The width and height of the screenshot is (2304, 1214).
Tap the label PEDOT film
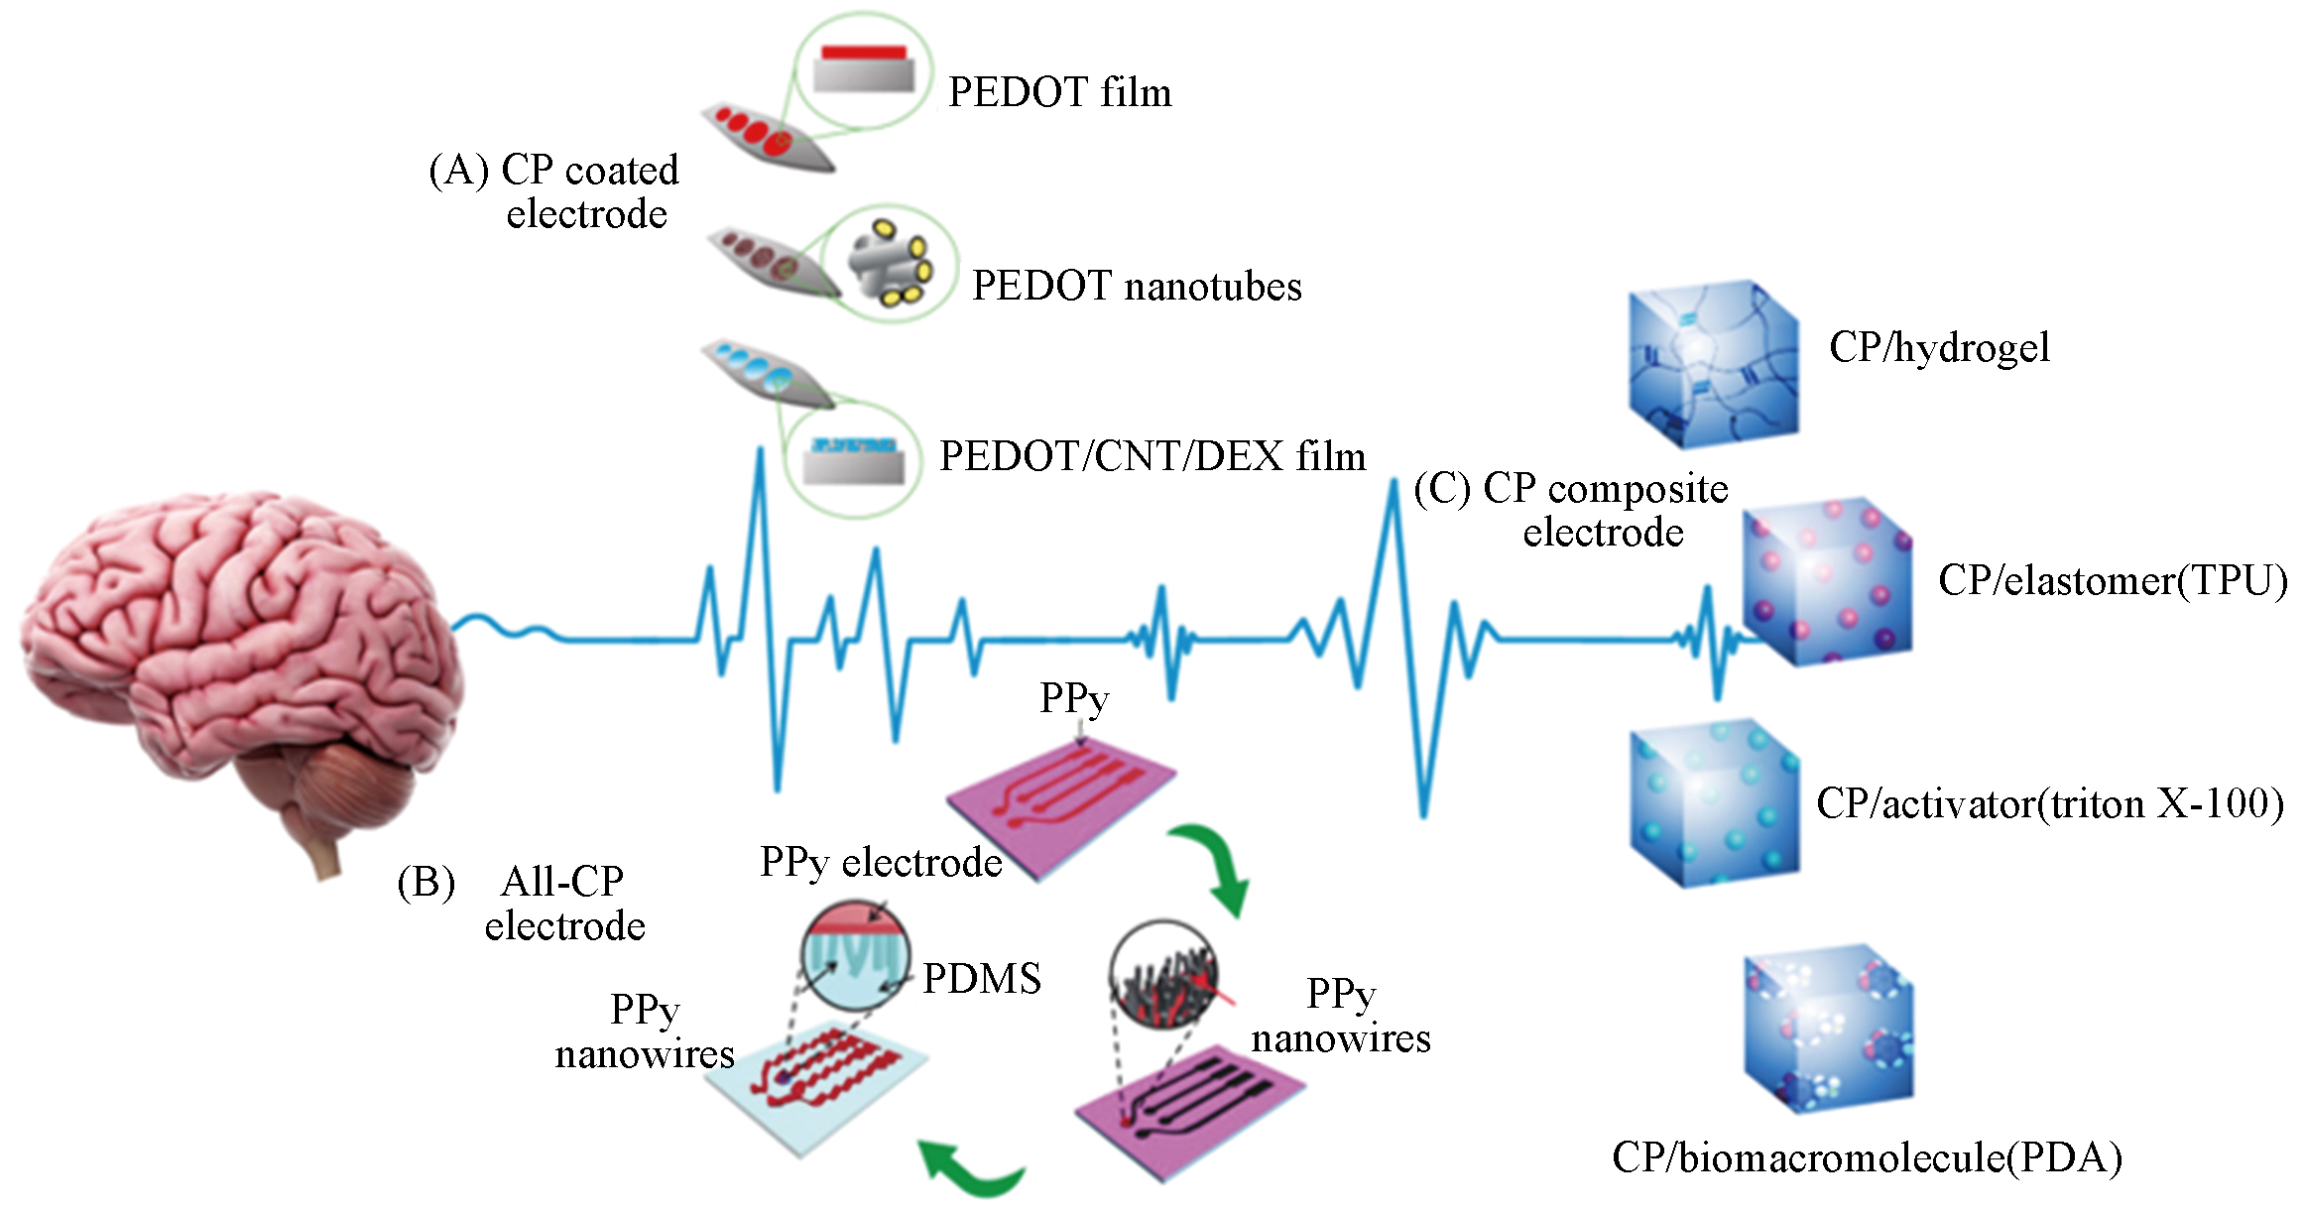[x=1059, y=92]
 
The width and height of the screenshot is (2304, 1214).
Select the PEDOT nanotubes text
[x=1137, y=286]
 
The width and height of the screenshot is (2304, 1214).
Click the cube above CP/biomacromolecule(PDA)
[x=1827, y=1027]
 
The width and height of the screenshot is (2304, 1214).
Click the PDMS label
[x=982, y=979]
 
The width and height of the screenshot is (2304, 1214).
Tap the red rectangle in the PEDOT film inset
[x=863, y=52]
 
